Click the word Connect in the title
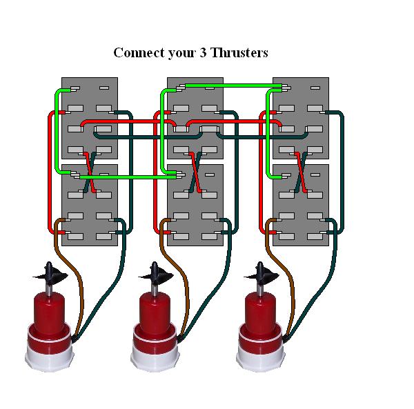tap(138, 53)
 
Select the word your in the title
tap(181, 53)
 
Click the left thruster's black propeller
tap(50, 276)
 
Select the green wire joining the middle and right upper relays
tap(235, 86)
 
